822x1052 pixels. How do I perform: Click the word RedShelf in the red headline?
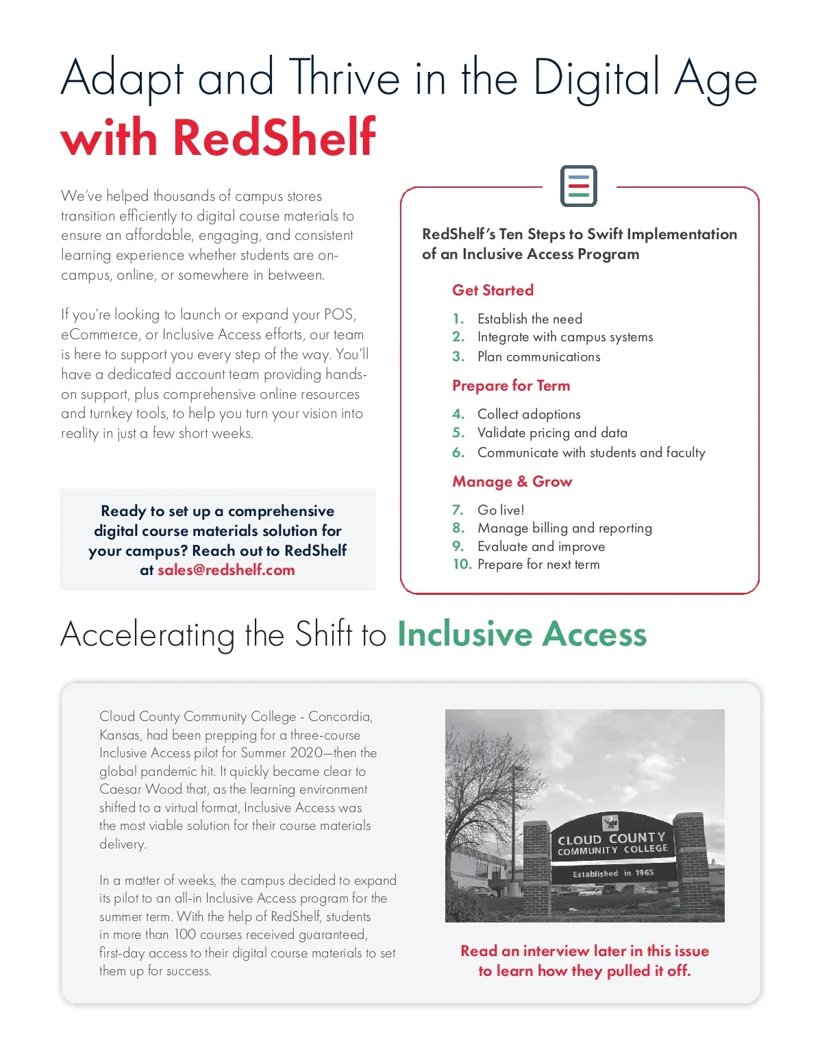[274, 137]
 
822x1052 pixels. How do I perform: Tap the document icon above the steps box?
[579, 186]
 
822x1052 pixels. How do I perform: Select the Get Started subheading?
[493, 290]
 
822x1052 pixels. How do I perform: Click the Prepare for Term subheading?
[511, 385]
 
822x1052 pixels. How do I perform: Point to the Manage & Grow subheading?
[512, 481]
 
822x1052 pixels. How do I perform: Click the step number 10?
[462, 564]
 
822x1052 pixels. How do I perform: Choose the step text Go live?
[501, 510]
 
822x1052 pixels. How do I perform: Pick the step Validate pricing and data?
[552, 432]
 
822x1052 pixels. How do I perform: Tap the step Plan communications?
[538, 356]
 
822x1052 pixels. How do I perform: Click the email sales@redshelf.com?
[226, 570]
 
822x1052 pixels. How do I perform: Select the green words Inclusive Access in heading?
[522, 634]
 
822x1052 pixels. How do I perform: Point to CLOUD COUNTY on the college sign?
[611, 838]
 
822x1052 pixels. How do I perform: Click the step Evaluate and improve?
[541, 546]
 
